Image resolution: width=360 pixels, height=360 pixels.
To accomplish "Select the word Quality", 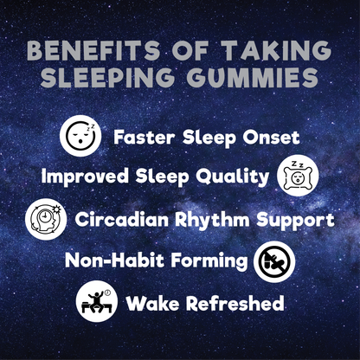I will click(x=234, y=177).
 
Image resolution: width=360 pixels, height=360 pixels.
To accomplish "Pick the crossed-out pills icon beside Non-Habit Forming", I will click(x=274, y=260).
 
